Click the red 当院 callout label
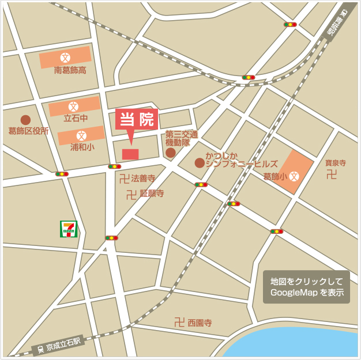[137, 120]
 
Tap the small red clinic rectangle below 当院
[130, 154]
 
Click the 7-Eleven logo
[69, 229]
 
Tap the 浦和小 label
[82, 147]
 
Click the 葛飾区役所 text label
[28, 131]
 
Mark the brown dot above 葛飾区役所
[25, 120]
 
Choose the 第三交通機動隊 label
[182, 138]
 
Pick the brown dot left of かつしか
[200, 163]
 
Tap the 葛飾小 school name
[274, 176]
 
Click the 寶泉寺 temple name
[335, 163]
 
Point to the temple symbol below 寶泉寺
[331, 175]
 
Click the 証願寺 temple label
[152, 194]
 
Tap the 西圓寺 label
[200, 323]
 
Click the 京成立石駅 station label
[63, 345]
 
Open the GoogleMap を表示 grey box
[307, 287]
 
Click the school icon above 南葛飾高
[65, 58]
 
